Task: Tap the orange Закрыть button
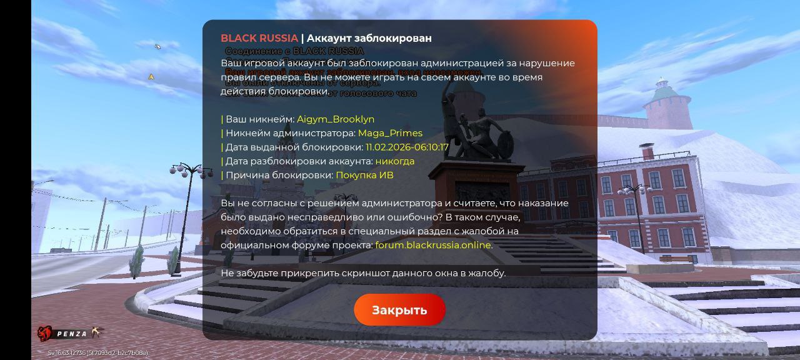[399, 310]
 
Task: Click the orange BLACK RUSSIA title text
[259, 38]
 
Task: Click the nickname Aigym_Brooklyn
[336, 119]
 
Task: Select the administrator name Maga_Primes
[390, 133]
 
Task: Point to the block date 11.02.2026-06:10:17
[407, 147]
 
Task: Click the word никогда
[394, 161]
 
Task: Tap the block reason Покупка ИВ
[364, 176]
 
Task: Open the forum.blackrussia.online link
[432, 245]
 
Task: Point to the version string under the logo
[98, 353]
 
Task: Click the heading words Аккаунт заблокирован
[369, 38]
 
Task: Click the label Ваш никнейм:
[259, 119]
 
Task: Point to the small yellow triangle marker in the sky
[151, 77]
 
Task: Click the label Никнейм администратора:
[290, 133]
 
